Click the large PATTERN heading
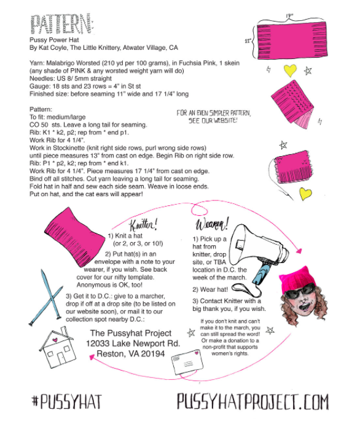point(63,24)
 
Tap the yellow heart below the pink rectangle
point(290,70)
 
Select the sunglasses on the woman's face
point(300,291)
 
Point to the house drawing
point(58,347)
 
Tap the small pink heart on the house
point(55,340)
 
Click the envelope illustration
point(187,362)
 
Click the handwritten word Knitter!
point(143,225)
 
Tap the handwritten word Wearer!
point(212,224)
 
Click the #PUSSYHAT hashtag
point(67,401)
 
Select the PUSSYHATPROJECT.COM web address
point(252,401)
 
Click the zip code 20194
point(151,354)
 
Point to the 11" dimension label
point(248,41)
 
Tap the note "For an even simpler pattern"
point(213,116)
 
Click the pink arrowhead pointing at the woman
point(299,251)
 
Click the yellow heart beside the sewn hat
point(305,194)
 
